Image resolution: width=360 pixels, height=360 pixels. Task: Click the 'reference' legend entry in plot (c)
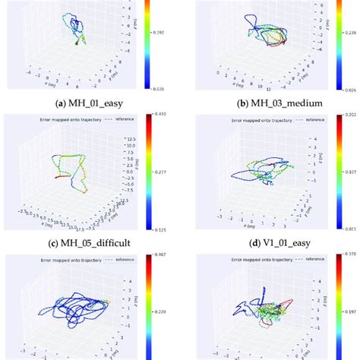click(129, 119)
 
